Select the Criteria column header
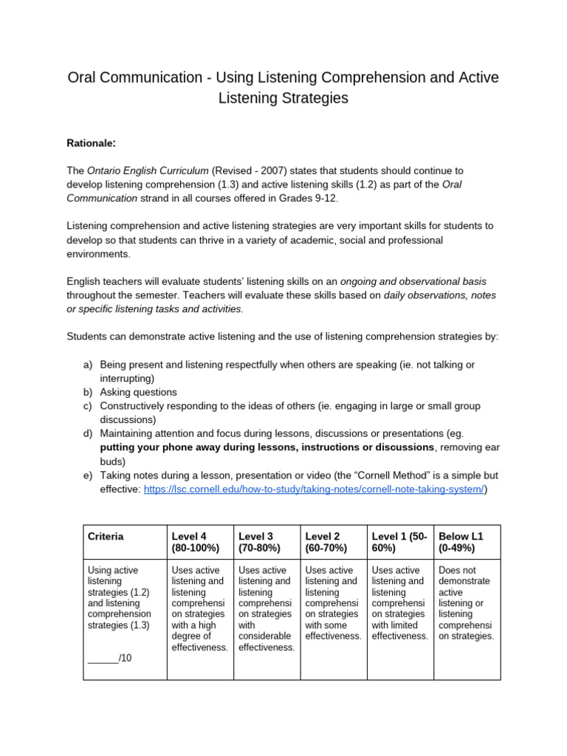click(x=106, y=536)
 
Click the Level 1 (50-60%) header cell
click(x=399, y=542)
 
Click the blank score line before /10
click(x=103, y=658)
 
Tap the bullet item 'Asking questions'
click(x=138, y=392)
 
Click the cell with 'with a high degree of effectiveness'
click(x=199, y=608)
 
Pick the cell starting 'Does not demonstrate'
click(x=466, y=603)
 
